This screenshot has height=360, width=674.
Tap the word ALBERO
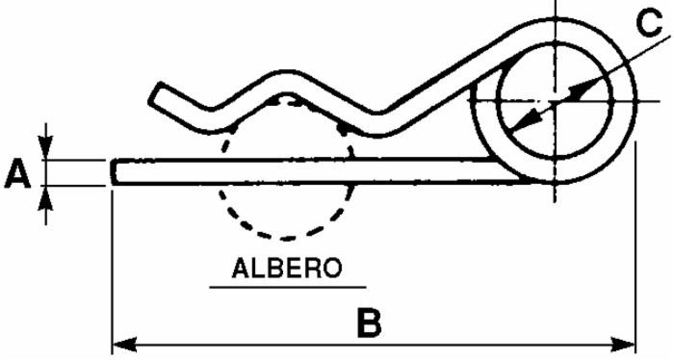[286, 267]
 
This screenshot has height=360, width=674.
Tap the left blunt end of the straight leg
[115, 171]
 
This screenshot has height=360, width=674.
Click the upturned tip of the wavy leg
[157, 94]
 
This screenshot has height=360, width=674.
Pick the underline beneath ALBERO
[286, 286]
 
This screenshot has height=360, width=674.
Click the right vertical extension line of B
[636, 250]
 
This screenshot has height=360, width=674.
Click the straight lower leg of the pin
[308, 171]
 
